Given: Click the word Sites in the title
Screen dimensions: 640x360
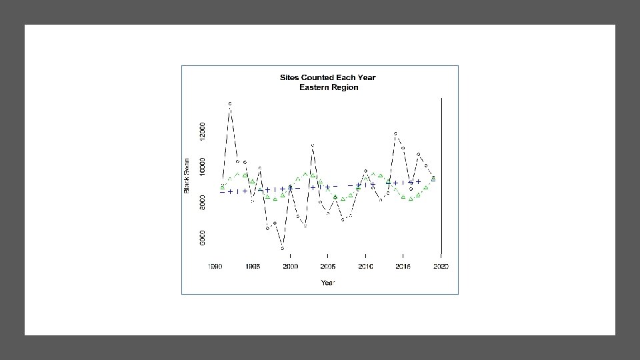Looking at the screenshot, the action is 289,77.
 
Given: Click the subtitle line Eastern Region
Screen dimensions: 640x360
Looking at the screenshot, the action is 329,87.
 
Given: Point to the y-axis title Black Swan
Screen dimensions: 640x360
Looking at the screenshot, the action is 187,176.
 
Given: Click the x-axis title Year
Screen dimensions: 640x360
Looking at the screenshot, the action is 328,283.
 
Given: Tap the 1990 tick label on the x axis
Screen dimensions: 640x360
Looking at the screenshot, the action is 215,267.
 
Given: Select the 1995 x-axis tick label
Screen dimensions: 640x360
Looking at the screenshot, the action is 253,267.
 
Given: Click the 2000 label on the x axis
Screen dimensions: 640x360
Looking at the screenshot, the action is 290,267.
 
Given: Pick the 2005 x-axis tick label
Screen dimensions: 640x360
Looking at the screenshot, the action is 328,267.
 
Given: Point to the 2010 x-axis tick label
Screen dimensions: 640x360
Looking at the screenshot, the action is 365,267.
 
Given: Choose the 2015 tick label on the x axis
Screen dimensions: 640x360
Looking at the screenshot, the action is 403,267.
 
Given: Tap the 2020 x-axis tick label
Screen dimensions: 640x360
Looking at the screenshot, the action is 441,267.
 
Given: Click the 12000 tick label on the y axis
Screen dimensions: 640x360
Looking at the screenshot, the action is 202,131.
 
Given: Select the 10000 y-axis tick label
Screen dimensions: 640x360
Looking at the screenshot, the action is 202,167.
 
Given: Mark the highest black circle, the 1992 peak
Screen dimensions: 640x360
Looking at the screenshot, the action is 230,104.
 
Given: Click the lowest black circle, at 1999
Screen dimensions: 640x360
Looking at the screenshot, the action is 283,248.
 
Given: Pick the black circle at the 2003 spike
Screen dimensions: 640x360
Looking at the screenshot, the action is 313,145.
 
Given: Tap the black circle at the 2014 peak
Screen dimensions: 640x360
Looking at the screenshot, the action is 395,133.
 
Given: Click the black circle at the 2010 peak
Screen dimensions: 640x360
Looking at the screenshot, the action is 365,171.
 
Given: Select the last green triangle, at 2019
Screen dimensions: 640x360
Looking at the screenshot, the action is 433,179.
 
